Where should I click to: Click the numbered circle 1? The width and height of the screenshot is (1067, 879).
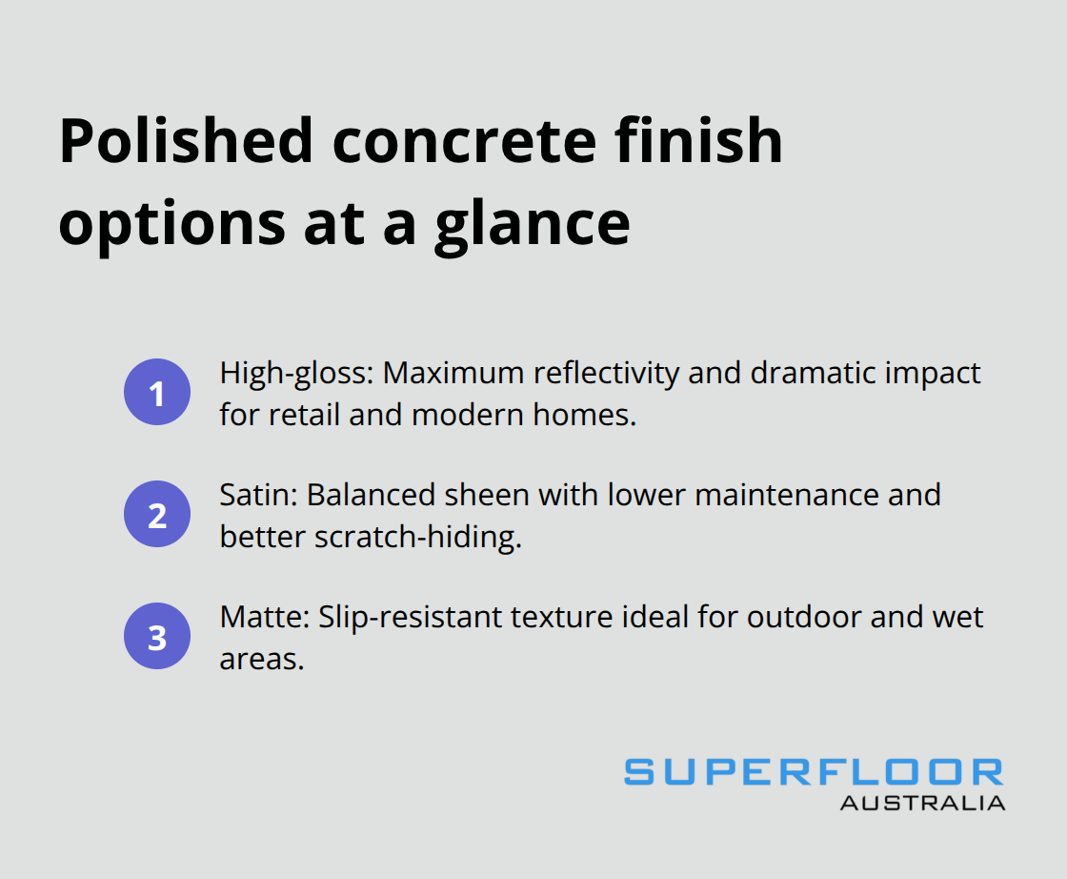click(157, 393)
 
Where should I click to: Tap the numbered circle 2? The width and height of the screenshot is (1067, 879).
click(157, 515)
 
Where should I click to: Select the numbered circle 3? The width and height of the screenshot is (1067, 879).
click(157, 637)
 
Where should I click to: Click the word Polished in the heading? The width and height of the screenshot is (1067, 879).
click(187, 141)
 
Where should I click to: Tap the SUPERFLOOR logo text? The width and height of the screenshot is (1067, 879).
click(814, 772)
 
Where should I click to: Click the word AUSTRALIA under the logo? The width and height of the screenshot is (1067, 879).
click(922, 803)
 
